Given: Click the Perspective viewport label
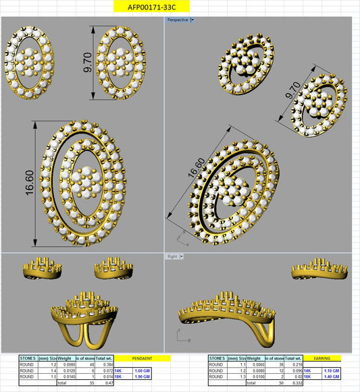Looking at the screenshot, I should click(x=178, y=20).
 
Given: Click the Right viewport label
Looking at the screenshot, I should click(x=173, y=256).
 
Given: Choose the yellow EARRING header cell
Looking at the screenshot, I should click(x=322, y=358).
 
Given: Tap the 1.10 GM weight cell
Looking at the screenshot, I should click(x=329, y=370).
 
